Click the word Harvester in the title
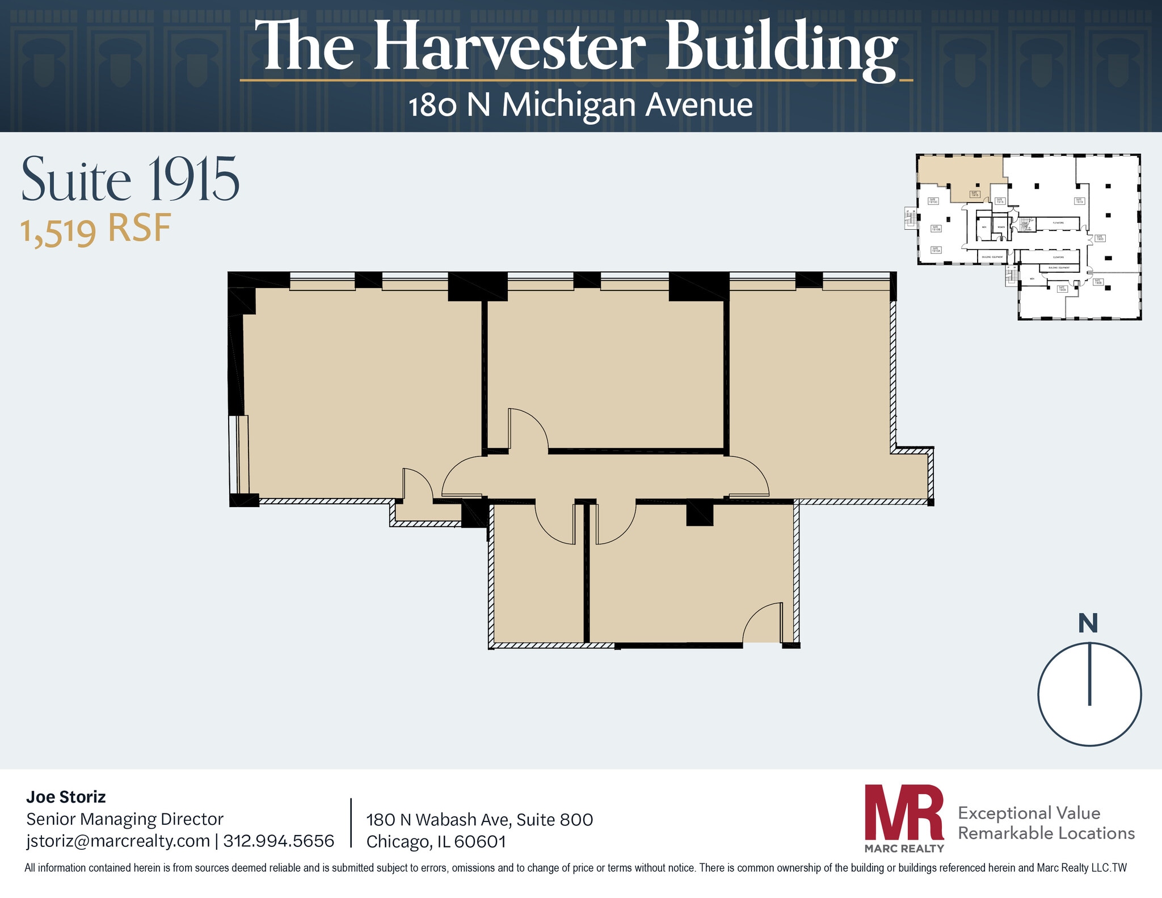point(509,47)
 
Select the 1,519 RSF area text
point(96,230)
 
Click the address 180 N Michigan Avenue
point(580,106)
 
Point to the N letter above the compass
point(1088,623)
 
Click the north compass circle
point(1089,694)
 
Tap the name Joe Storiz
point(66,797)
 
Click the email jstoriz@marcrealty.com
point(118,841)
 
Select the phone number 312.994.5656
point(279,841)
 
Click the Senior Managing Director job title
point(125,819)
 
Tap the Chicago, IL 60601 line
point(436,841)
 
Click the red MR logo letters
point(903,812)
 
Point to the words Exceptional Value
point(1029,813)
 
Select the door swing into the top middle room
point(527,429)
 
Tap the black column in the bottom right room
point(699,513)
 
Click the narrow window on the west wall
point(238,454)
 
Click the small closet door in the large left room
point(416,484)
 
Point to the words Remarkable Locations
point(1046,833)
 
